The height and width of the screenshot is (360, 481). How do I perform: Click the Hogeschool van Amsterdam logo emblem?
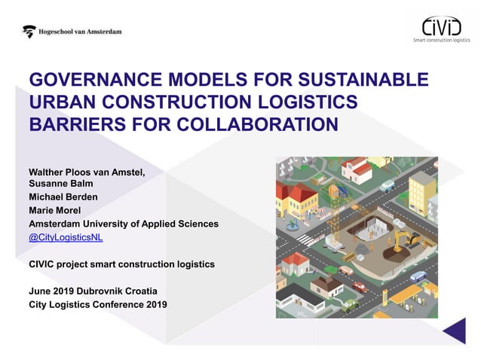click(29, 32)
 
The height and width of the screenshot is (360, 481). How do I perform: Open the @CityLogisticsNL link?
click(66, 237)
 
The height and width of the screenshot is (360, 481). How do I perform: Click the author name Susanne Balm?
click(60, 183)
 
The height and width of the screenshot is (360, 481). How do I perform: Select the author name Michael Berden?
click(63, 197)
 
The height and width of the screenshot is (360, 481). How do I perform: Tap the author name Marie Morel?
click(54, 210)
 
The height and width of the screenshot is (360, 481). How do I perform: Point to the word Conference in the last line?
click(115, 304)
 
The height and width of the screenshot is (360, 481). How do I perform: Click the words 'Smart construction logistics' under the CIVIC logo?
click(442, 41)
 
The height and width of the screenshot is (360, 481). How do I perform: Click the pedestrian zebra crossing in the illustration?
click(305, 239)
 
